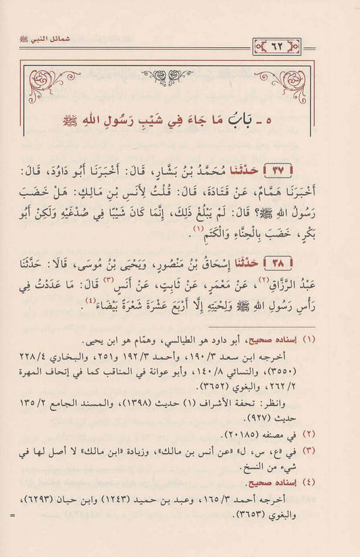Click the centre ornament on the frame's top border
tap(180, 74)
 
